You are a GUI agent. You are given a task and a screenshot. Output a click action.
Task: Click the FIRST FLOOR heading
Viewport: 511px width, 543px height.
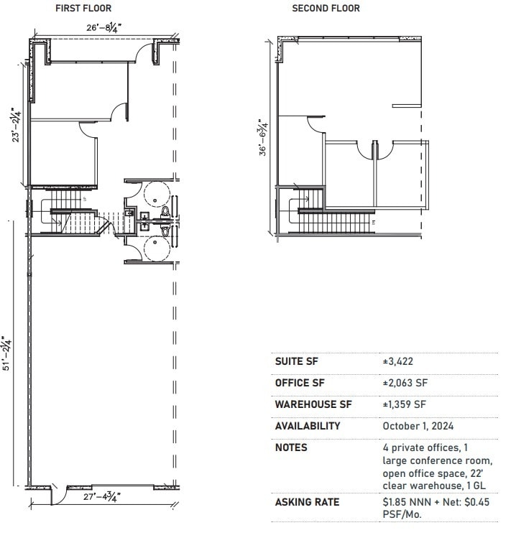click(83, 9)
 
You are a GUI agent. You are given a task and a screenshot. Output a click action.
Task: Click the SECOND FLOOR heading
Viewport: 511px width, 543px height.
click(326, 9)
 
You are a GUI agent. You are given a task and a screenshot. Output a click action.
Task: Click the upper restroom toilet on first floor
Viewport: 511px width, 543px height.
click(165, 211)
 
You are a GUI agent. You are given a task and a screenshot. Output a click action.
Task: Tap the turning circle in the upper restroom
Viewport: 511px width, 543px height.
click(156, 194)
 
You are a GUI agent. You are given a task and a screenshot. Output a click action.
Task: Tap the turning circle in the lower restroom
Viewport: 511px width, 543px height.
click(156, 249)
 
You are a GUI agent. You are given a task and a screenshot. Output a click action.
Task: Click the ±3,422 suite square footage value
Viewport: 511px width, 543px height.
click(398, 362)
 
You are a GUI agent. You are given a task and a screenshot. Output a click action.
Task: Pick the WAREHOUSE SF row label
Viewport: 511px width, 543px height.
click(308, 404)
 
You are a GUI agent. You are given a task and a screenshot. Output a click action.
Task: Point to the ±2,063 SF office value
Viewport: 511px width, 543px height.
click(405, 384)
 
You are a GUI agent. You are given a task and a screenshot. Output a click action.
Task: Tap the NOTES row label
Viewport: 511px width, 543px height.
click(290, 447)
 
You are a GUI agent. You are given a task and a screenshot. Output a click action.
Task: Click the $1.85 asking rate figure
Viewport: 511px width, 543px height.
click(395, 502)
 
